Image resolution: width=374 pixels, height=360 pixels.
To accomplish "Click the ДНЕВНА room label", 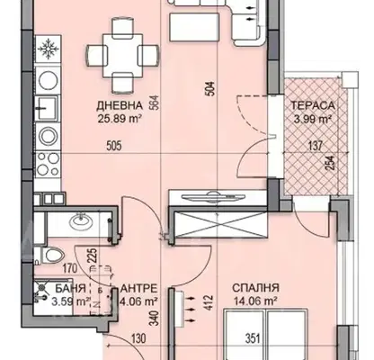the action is pos(120,105).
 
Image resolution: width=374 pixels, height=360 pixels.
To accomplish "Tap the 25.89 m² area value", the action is pos(120,119).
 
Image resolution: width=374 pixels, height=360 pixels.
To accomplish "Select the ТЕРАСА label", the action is pos(313,105).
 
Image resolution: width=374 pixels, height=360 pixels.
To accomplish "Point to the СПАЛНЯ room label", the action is pos(255,288).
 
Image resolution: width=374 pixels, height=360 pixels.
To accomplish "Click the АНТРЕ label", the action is pos(138,288).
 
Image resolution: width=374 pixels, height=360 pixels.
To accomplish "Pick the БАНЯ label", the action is pos(71,288).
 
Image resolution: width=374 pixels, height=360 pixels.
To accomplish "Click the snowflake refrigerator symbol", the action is pos(48,48).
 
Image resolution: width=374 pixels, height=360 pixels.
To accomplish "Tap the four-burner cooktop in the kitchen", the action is pos(48,164).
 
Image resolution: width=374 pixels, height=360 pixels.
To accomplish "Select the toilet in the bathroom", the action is pos(50,256).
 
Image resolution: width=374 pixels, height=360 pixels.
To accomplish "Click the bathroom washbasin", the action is pos(82,221).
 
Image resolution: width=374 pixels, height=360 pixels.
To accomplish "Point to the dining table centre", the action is pos(122,56).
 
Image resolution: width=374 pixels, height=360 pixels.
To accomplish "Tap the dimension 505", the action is pos(114,146).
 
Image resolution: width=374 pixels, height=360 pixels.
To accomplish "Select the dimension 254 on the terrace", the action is pos(330,164).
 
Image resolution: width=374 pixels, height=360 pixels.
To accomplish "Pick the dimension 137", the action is pos(316,146).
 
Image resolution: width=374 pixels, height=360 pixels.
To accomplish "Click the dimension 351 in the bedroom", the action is pos(253,339).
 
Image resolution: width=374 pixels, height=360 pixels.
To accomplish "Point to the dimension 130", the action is pos(139,339).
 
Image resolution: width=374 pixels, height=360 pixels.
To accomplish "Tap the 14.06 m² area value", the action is pos(255,301).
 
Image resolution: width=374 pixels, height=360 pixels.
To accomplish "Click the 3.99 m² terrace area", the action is pos(313,119).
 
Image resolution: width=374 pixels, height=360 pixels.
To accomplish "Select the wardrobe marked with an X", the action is pos(220,224).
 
